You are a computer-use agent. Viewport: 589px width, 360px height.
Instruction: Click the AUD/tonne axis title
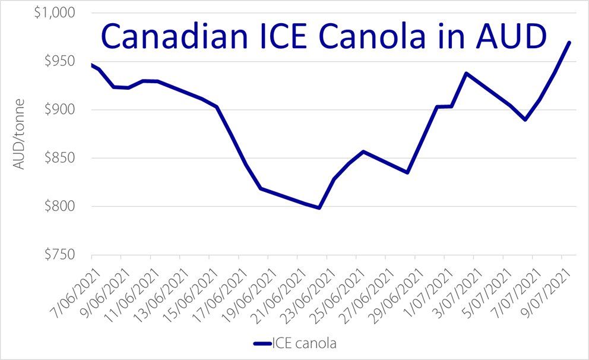point(20,134)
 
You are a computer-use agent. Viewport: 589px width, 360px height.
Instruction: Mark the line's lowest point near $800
point(319,208)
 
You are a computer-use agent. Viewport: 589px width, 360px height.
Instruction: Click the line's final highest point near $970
point(570,42)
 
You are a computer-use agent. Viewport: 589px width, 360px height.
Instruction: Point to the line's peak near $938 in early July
point(466,73)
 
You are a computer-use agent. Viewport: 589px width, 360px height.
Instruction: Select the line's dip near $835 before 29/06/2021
point(407,172)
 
